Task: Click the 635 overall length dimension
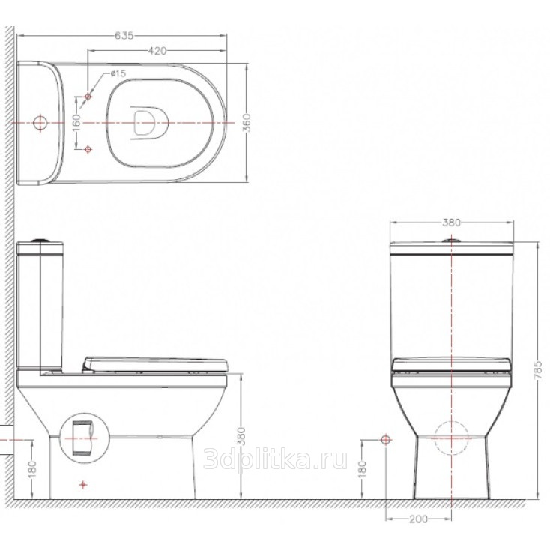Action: pos(124,35)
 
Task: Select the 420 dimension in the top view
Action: pos(157,51)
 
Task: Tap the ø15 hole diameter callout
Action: pos(118,73)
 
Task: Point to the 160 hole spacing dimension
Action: pos(77,122)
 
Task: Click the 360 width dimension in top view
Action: pos(247,122)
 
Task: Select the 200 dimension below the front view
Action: pos(418,519)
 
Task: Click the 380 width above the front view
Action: pos(451,223)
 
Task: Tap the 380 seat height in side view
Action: pos(241,436)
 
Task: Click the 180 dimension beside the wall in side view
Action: pos(32,470)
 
